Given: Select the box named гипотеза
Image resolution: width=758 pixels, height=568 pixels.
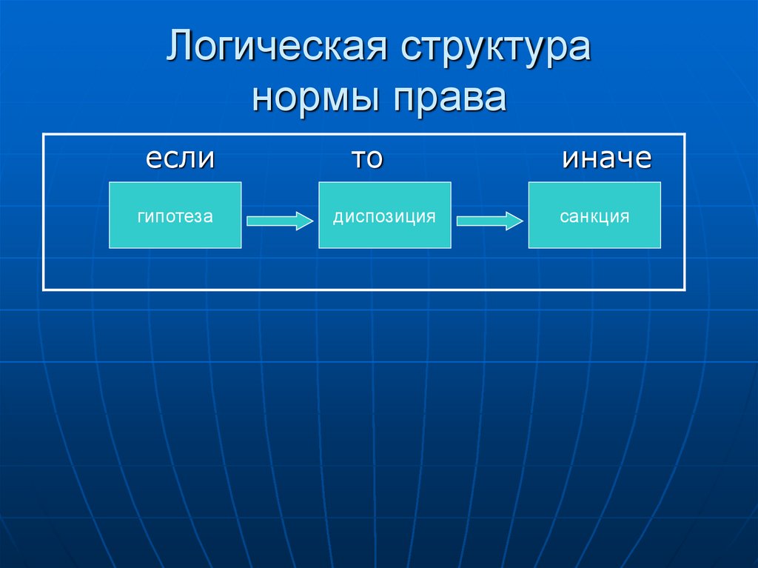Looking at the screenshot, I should coord(175,215).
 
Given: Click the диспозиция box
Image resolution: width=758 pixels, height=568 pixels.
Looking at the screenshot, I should coord(384,215).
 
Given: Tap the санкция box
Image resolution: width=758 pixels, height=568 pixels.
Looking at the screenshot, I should coord(594,215).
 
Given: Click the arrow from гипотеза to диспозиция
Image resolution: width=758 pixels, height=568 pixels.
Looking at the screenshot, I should coord(280,220).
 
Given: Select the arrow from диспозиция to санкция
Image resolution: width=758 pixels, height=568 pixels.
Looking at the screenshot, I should coord(490,220).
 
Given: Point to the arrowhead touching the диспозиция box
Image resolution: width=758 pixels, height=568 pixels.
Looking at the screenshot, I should coord(306,220).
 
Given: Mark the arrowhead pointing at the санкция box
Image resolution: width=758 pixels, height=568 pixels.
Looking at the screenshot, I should coord(516,220).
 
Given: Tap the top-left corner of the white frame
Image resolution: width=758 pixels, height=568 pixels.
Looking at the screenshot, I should coord(44,134).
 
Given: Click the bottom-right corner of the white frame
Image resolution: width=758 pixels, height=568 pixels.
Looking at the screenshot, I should coord(685,289).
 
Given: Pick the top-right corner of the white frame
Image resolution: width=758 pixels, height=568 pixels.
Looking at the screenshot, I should coord(685,134).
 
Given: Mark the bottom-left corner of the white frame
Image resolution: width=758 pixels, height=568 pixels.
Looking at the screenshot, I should coord(44,289).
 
